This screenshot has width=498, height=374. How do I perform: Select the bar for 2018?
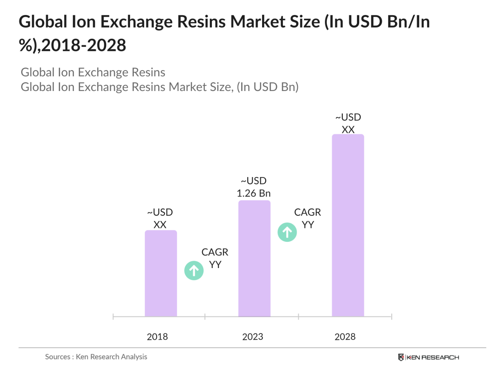point(160,273)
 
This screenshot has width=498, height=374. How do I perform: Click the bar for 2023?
point(254,258)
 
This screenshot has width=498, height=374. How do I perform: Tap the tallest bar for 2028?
point(348,225)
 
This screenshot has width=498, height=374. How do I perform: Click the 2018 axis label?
point(157,337)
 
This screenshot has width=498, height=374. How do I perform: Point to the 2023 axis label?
point(252,337)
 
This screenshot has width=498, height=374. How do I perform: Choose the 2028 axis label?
point(345,337)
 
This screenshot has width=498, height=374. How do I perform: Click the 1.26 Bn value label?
point(253,193)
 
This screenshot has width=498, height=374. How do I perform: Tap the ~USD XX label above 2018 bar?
point(160,219)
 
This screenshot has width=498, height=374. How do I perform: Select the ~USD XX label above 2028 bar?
point(348,123)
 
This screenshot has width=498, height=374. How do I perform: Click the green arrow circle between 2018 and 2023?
point(194,270)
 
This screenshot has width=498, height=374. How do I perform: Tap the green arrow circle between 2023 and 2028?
point(287,232)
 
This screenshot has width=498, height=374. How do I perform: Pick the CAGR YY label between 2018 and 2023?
point(215,258)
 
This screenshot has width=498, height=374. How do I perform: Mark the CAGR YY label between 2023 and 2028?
point(307,219)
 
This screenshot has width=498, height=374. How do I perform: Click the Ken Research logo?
point(428,357)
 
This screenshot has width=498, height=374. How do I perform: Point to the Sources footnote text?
point(96,357)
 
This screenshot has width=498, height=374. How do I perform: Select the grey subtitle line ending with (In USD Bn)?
point(159,87)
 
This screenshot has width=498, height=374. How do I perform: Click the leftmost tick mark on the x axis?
point(113,316)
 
